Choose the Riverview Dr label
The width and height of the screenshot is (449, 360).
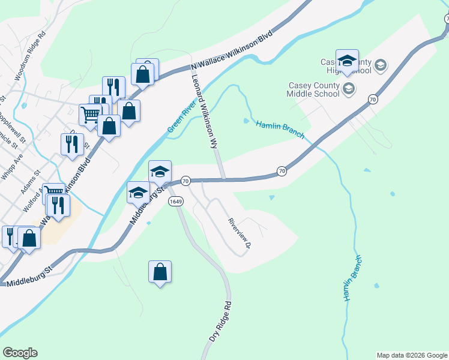click(239, 233)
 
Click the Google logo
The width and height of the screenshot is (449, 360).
click(20, 353)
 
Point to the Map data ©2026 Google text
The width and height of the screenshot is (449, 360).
click(412, 355)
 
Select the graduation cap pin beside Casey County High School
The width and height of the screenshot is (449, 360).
click(347, 60)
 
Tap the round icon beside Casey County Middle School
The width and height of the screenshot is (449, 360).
click(348, 89)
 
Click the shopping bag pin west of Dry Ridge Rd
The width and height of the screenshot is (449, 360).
click(160, 272)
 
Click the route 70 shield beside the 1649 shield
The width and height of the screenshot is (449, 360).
click(185, 181)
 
